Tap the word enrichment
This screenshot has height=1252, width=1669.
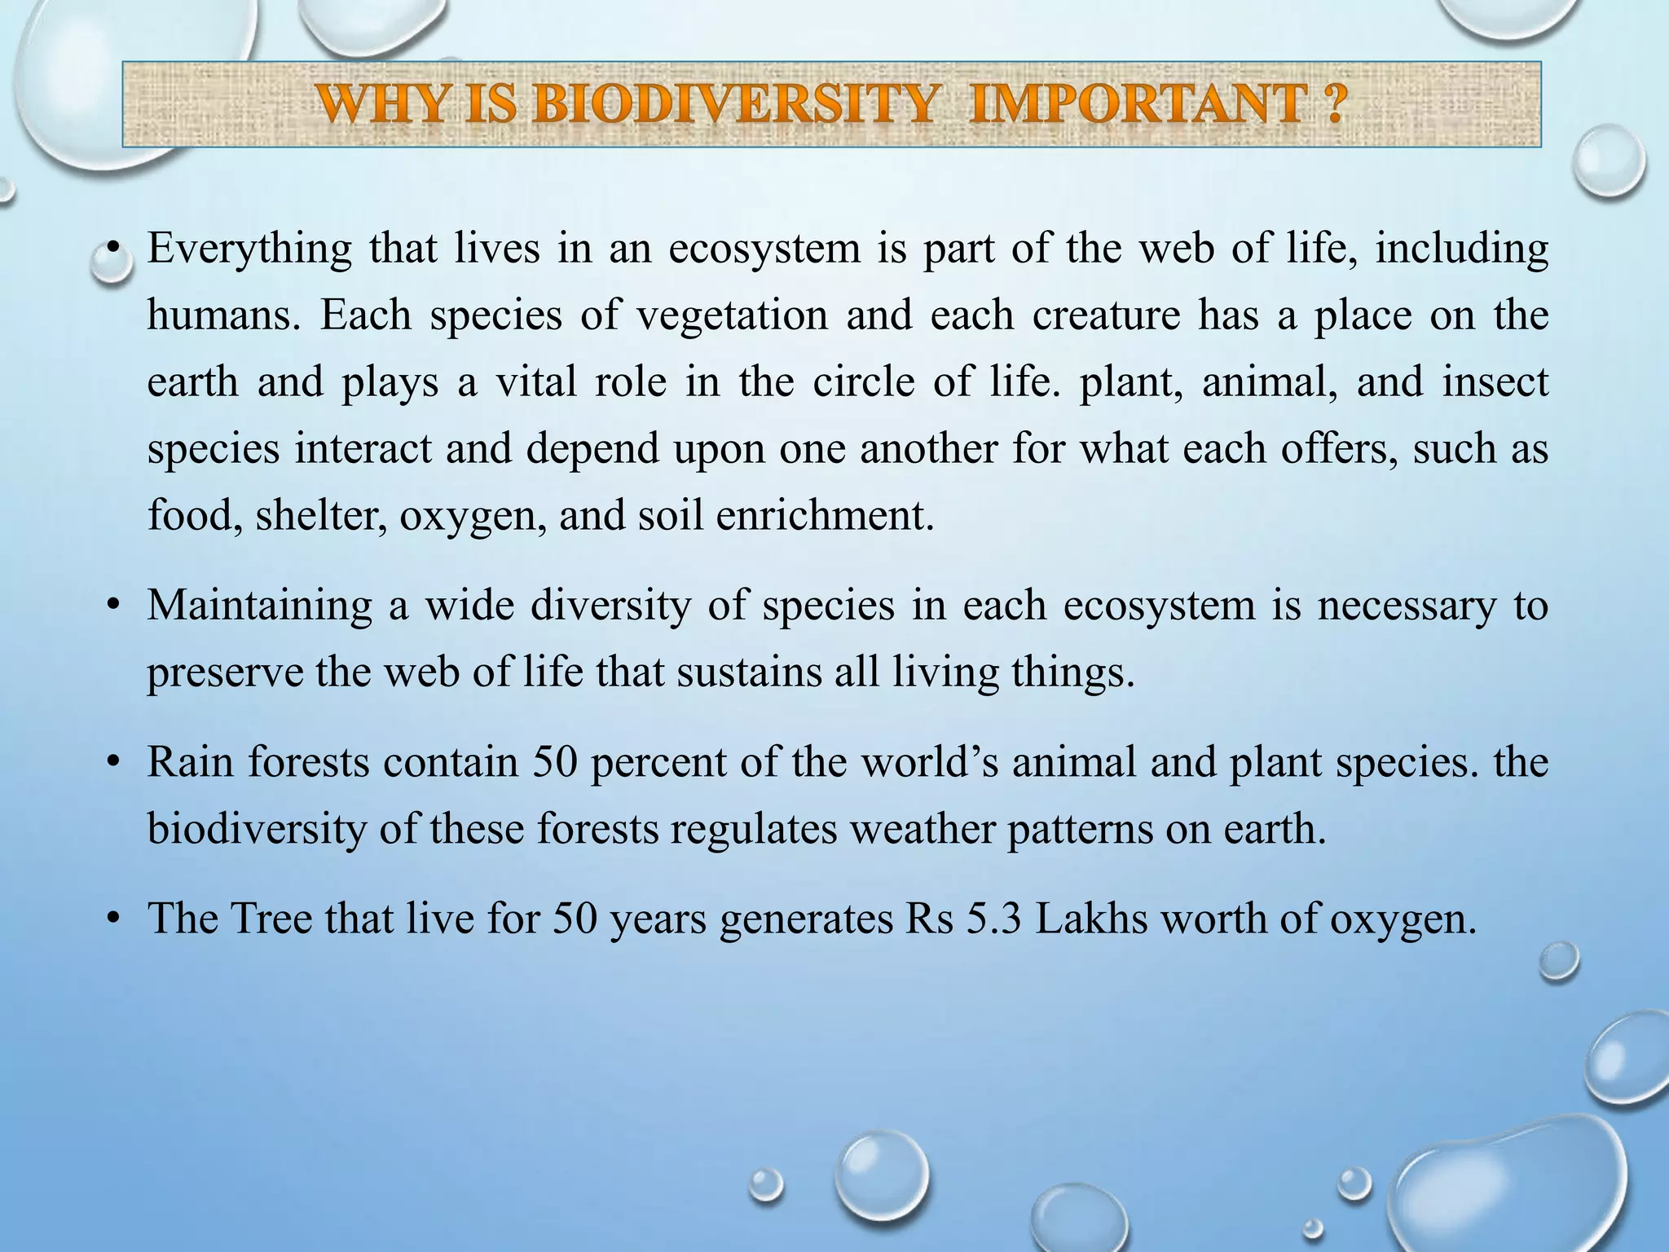(824, 516)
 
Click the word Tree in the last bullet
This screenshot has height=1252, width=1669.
(271, 919)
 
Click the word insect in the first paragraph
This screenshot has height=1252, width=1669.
(1494, 382)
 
